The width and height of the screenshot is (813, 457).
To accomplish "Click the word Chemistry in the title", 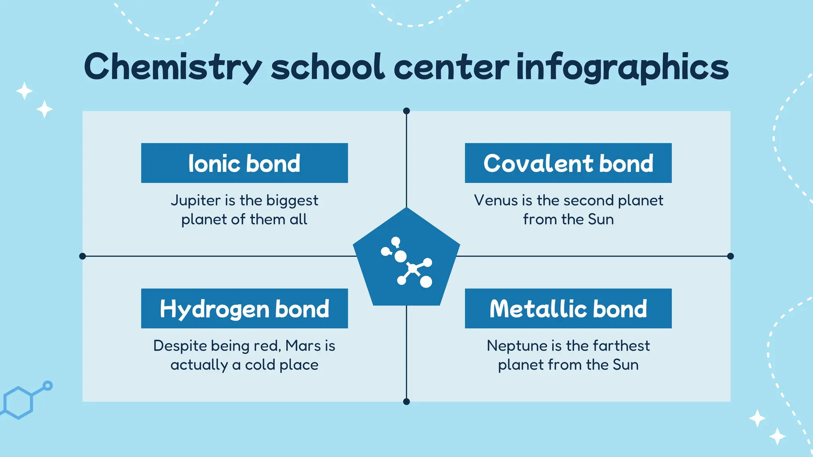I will [173, 67].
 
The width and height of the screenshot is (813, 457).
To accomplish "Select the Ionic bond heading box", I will [244, 163].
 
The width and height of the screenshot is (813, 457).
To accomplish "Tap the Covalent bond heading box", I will [568, 163].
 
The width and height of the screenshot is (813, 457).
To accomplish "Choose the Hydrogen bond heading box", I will [244, 308].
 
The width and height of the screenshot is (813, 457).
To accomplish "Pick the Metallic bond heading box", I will [568, 308].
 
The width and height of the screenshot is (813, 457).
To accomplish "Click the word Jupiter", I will [196, 201].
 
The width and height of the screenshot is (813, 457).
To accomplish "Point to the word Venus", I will [496, 200].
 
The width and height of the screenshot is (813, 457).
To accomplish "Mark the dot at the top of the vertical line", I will [406, 111].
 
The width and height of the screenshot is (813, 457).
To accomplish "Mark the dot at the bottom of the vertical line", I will [406, 401].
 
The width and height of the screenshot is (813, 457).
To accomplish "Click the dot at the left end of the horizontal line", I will [83, 256].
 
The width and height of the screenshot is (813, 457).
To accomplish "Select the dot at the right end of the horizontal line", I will [730, 256].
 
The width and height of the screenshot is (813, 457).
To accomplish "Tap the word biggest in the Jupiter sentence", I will [292, 201].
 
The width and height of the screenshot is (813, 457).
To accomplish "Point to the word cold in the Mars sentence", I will [260, 365].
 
